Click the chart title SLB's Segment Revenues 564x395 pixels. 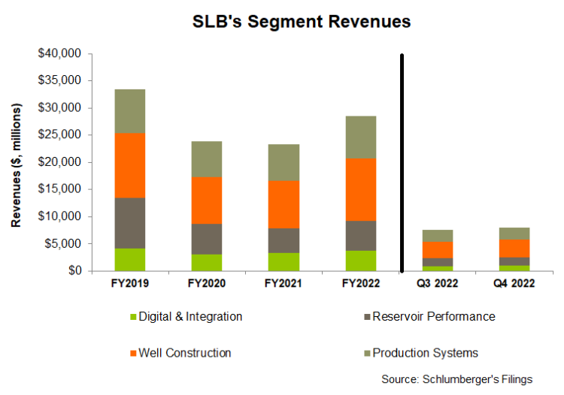click(x=302, y=22)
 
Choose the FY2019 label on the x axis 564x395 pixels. click(x=129, y=285)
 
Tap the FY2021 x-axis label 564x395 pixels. click(x=284, y=285)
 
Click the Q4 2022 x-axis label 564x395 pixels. click(x=515, y=285)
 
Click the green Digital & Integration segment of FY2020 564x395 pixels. click(x=206, y=262)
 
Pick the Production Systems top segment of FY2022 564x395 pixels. click(x=360, y=137)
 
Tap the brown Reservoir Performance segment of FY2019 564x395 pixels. click(x=129, y=222)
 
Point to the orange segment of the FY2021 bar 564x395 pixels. click(x=284, y=204)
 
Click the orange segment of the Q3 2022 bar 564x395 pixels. click(x=438, y=249)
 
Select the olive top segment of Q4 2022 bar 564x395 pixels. click(x=515, y=234)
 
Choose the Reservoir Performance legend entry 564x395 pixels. click(x=429, y=317)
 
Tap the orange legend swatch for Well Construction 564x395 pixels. click(x=135, y=353)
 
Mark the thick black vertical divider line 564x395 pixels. click(x=402, y=161)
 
